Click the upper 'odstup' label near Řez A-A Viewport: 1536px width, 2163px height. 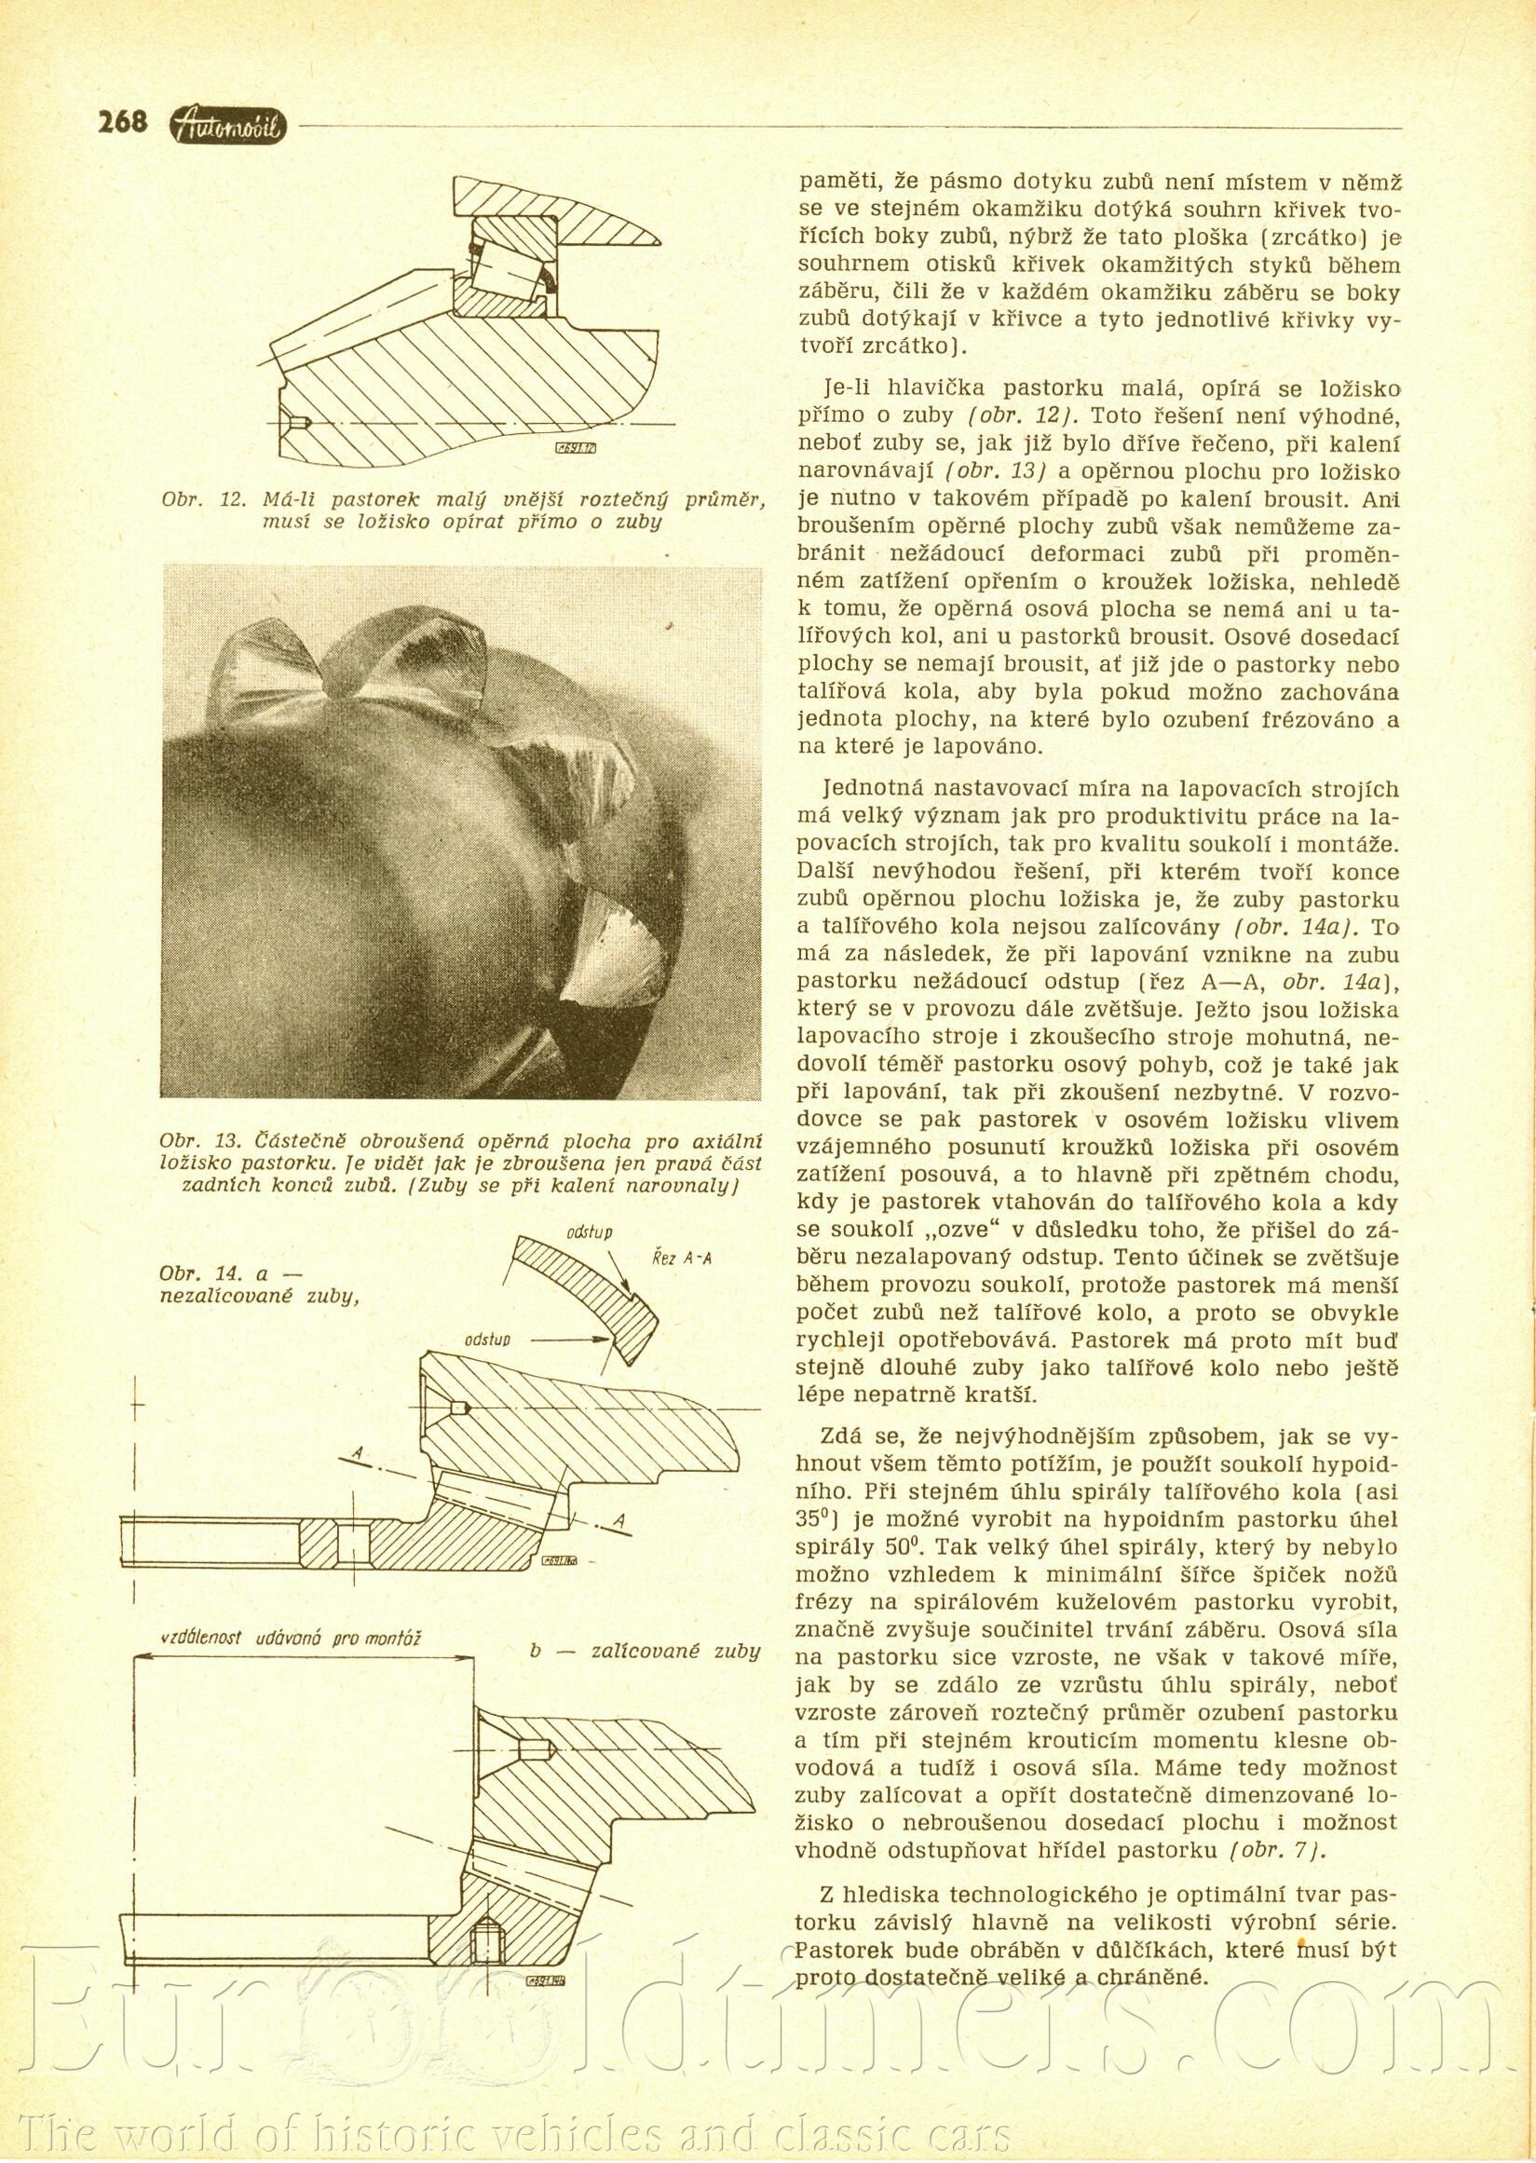[591, 1233]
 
